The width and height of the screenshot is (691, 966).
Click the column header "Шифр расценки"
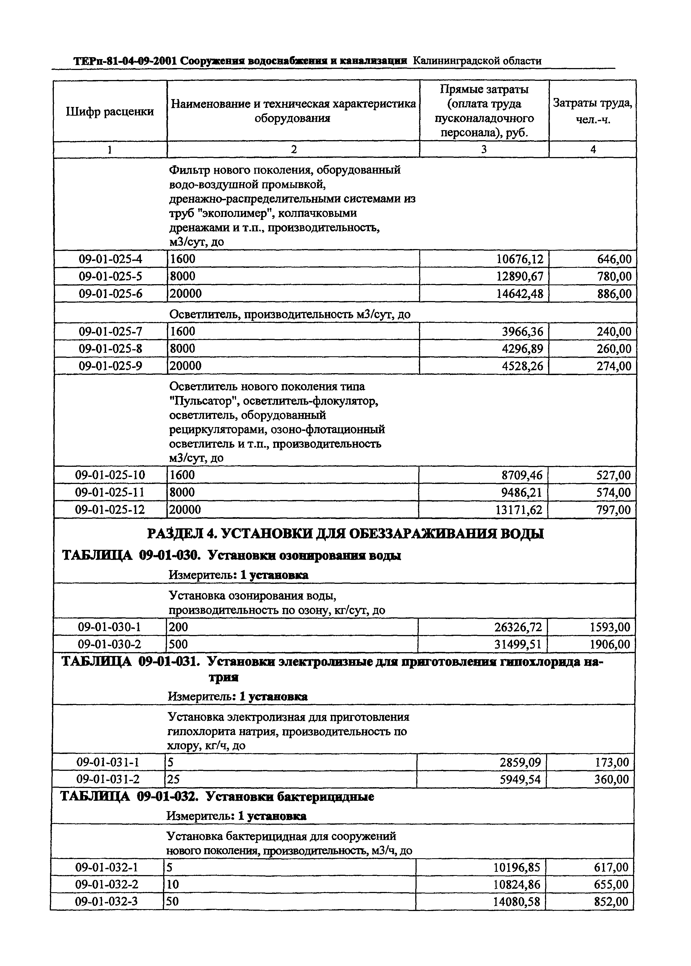pyautogui.click(x=110, y=112)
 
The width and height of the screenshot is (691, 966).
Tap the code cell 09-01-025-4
pyautogui.click(x=110, y=259)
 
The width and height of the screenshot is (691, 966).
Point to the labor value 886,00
pyautogui.click(x=614, y=294)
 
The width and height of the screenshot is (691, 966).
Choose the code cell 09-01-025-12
pyautogui.click(x=110, y=510)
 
